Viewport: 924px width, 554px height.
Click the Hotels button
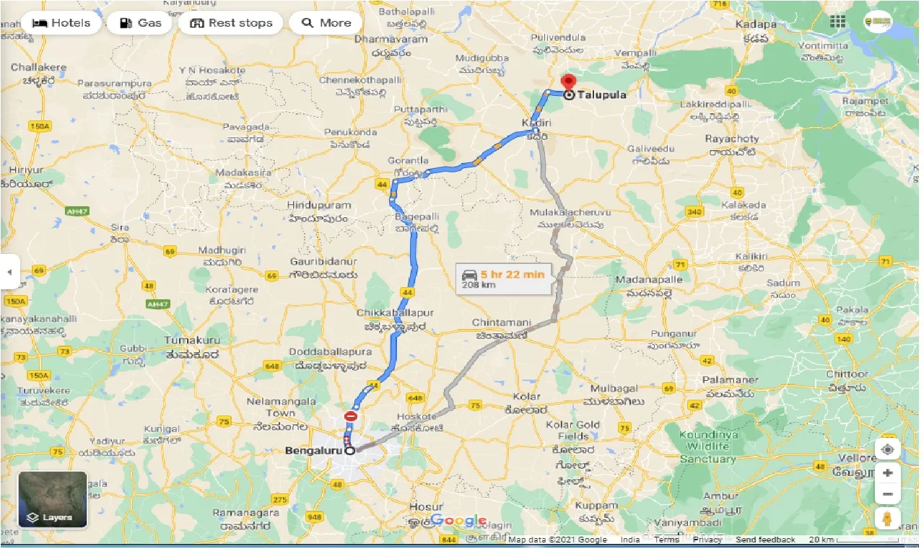tap(61, 23)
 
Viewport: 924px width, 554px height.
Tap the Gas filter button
tap(140, 23)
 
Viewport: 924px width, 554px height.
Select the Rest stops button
tap(231, 23)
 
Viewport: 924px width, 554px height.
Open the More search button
tap(326, 23)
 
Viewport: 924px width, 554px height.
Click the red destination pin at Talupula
tap(568, 83)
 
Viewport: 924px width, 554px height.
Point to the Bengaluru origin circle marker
tap(350, 451)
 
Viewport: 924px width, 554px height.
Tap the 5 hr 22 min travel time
tap(514, 273)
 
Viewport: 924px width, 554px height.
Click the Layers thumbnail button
tap(53, 499)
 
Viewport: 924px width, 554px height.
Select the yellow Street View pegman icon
tap(887, 519)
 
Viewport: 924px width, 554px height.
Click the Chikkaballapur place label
tap(395, 314)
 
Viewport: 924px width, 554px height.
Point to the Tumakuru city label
tap(191, 340)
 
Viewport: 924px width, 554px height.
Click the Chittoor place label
tap(847, 374)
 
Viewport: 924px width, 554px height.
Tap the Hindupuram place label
tap(318, 206)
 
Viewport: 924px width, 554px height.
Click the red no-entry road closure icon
tap(351, 416)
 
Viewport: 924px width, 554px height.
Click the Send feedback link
tap(766, 540)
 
